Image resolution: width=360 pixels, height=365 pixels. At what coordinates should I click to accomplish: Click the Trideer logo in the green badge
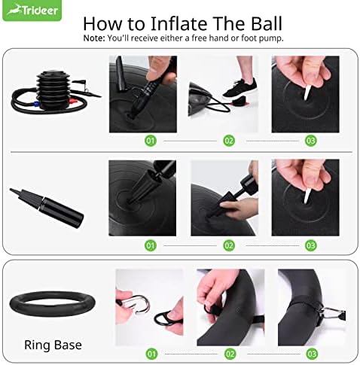tap(32, 11)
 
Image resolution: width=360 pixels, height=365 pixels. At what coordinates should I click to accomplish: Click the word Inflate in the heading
tap(178, 23)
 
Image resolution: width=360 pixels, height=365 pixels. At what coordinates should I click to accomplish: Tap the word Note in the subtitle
tap(93, 38)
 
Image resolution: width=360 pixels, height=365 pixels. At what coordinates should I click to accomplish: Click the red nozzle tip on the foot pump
tap(73, 102)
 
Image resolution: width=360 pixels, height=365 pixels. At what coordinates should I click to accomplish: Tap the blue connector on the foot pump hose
tap(35, 104)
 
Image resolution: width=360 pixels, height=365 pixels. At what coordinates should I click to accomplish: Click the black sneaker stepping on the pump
tap(239, 88)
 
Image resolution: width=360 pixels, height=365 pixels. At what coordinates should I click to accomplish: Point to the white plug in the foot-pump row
tap(307, 93)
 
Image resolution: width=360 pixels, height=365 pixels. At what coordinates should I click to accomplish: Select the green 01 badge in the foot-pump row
tap(151, 141)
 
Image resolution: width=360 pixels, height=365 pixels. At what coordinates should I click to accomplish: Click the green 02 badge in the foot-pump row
tap(229, 141)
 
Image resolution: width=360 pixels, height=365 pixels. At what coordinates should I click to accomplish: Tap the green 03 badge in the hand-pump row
tap(311, 245)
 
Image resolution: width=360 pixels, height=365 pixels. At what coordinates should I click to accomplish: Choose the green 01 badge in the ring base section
tap(151, 354)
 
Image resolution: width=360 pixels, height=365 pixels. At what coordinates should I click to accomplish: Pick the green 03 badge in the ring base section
tap(312, 354)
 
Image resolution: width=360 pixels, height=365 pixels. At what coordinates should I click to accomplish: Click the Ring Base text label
tap(53, 345)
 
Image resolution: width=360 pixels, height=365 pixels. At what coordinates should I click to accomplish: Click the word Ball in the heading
tap(267, 23)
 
